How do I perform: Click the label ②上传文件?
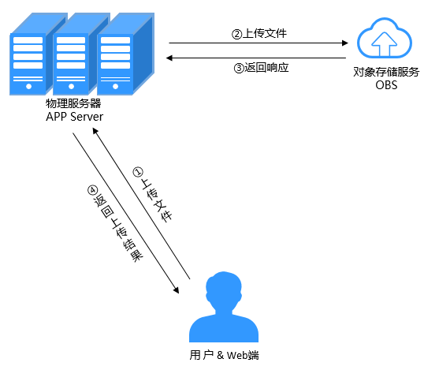(259, 34)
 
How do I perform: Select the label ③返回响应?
(261, 68)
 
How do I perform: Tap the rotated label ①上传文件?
(153, 195)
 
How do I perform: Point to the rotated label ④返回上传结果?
(115, 223)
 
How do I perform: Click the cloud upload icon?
(384, 38)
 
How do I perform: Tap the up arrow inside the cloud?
(384, 43)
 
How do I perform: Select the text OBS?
(386, 85)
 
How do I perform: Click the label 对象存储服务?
(386, 72)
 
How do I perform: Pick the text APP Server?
(74, 117)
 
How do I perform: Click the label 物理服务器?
(73, 103)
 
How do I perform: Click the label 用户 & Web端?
(224, 355)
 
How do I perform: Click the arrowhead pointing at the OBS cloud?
(345, 43)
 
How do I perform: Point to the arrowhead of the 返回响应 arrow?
(169, 58)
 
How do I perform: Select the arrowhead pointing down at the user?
(177, 290)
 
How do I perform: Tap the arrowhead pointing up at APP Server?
(95, 131)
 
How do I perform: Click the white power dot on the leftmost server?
(28, 86)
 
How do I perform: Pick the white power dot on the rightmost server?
(115, 86)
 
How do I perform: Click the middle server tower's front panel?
(71, 64)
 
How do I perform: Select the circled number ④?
(92, 190)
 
